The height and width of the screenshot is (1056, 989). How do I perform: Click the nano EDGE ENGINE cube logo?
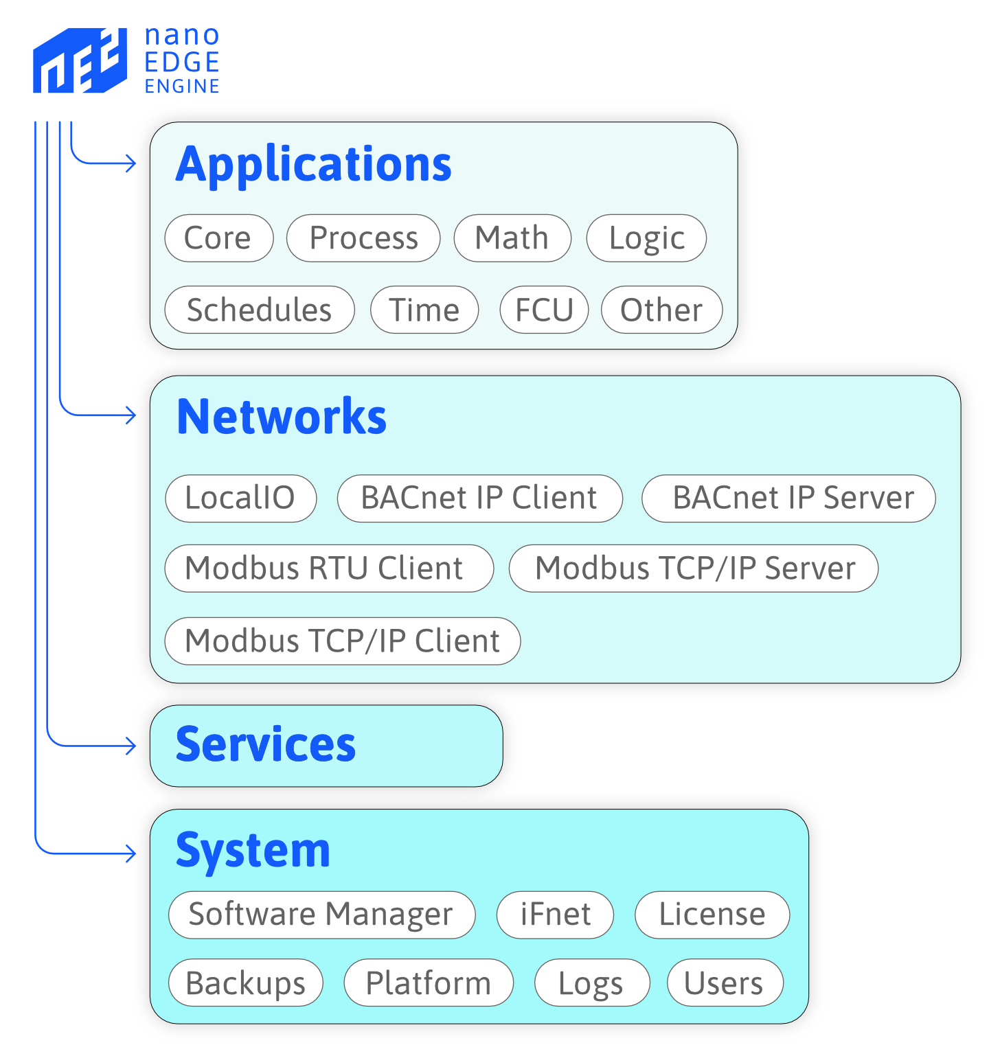(80, 60)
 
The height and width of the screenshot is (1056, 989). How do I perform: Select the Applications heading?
(313, 165)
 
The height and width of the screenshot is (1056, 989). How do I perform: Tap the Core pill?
(218, 238)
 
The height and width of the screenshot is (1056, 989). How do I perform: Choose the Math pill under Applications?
(512, 238)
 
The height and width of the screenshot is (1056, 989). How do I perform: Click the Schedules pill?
(260, 310)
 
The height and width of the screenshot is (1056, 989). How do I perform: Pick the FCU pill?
(544, 310)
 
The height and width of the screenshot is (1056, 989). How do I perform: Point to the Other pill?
(661, 310)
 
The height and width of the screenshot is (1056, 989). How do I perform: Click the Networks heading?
(282, 417)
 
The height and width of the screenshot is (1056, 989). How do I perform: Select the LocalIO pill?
(240, 498)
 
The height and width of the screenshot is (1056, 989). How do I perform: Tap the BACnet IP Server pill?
(788, 498)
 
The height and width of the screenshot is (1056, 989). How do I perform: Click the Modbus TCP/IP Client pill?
(342, 641)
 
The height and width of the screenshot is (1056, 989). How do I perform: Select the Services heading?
(266, 745)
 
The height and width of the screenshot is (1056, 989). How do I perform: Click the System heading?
(253, 851)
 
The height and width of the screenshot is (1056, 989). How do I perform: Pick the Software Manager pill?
(321, 915)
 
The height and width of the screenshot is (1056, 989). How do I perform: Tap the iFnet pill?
(555, 915)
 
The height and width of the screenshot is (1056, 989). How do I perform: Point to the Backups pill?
(245, 983)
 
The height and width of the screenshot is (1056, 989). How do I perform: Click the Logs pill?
(591, 983)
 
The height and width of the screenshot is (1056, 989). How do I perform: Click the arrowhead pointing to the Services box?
(131, 746)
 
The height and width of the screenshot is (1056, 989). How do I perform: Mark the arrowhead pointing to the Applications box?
(131, 163)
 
